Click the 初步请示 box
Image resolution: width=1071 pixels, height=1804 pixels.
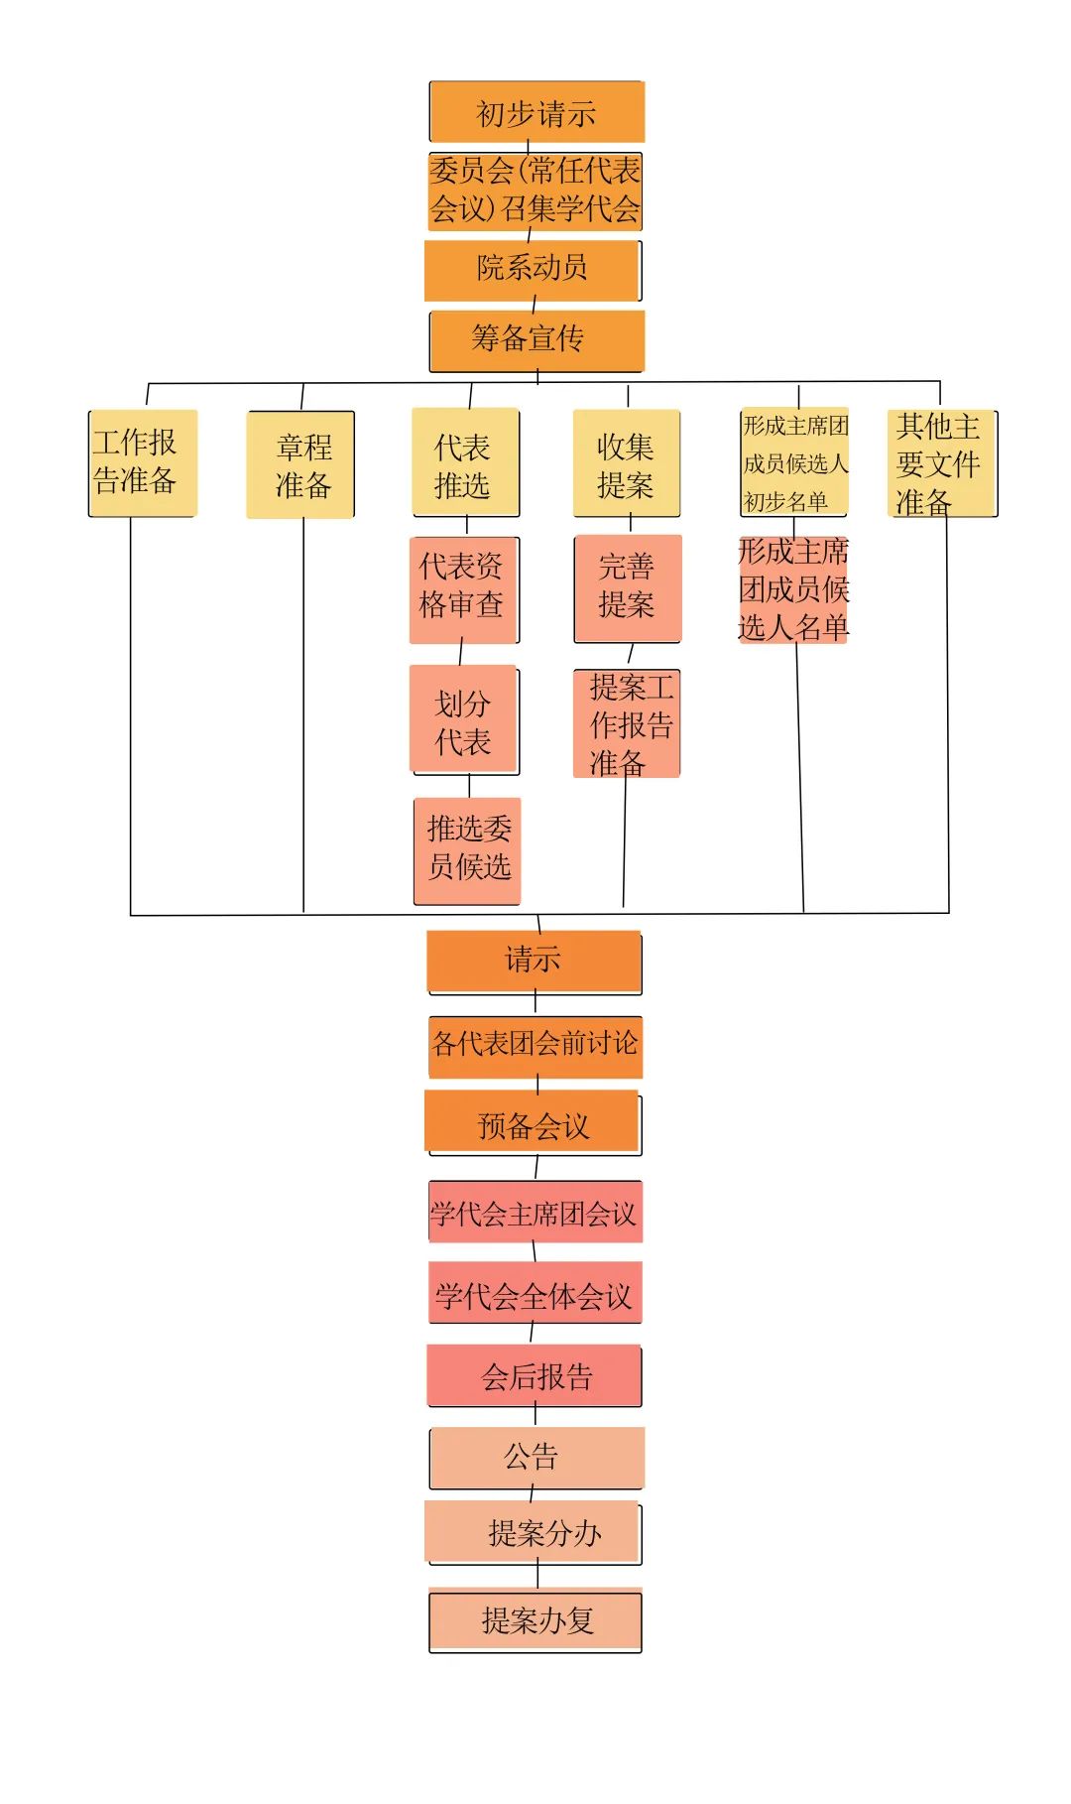536,112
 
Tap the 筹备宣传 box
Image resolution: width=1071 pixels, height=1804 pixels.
536,340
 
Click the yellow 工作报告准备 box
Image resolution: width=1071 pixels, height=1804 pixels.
143,463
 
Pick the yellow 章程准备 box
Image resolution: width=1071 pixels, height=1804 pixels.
300,464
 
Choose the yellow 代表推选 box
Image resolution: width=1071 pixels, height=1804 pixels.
465,462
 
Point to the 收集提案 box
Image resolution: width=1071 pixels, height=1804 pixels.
626,463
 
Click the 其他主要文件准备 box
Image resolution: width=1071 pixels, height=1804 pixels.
941,463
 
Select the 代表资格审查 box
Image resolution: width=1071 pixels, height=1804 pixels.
463,589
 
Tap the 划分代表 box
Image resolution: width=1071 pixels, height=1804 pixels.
464,719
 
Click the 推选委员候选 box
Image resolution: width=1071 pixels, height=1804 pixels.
467,850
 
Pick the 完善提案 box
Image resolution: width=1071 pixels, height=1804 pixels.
628,588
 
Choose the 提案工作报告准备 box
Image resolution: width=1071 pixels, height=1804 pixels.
627,723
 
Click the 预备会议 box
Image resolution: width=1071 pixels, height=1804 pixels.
533,1123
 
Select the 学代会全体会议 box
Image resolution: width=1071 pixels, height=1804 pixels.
535,1293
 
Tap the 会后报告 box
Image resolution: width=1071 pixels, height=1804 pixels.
535,1375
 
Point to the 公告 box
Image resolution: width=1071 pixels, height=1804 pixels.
536,1458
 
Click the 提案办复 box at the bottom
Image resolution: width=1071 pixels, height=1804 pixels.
535,1620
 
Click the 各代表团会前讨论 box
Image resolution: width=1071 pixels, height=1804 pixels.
535,1046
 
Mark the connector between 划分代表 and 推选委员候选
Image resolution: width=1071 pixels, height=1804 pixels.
469,786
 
